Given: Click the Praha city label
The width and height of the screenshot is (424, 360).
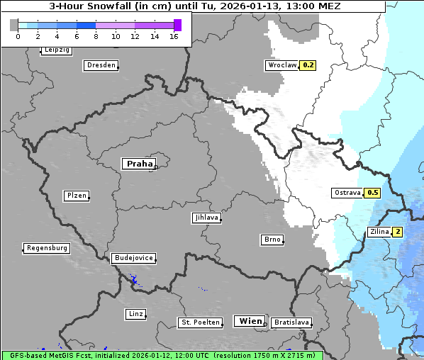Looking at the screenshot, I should pyautogui.click(x=139, y=164).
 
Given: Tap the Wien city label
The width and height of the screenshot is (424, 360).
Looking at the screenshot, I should pyautogui.click(x=250, y=321).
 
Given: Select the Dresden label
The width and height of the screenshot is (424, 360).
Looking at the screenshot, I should pyautogui.click(x=101, y=65).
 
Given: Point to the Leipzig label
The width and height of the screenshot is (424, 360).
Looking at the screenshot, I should pyautogui.click(x=57, y=50).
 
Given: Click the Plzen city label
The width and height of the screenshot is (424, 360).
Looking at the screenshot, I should pyautogui.click(x=76, y=196).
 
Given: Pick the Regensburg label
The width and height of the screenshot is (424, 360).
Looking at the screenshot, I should pyautogui.click(x=47, y=248).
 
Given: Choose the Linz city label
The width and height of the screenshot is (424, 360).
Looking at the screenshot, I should pyautogui.click(x=135, y=313).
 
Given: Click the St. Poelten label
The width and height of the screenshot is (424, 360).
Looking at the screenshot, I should pyautogui.click(x=199, y=322).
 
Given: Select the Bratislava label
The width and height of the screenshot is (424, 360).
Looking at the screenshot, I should pyautogui.click(x=291, y=322).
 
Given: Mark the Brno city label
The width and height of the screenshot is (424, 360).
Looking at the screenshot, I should pyautogui.click(x=272, y=240).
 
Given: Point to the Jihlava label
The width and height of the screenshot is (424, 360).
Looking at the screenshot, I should pyautogui.click(x=206, y=218).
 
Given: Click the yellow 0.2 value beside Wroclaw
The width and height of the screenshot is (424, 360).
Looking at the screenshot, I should pyautogui.click(x=308, y=65).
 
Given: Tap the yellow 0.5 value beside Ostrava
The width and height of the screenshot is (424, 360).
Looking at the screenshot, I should pyautogui.click(x=372, y=193).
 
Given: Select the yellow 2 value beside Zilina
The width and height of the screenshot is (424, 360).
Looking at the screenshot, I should pyautogui.click(x=398, y=232).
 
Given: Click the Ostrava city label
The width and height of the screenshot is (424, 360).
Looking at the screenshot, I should pyautogui.click(x=347, y=193).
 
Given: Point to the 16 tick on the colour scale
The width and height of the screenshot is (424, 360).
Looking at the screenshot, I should pyautogui.click(x=174, y=35).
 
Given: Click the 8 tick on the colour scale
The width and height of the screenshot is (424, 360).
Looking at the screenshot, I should pyautogui.click(x=96, y=35).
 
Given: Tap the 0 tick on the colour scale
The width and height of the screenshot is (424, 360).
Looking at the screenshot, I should pyautogui.click(x=18, y=35).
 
